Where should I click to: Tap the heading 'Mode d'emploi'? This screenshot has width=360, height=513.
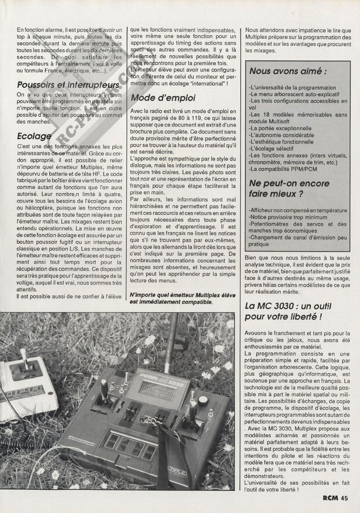tap(163, 98)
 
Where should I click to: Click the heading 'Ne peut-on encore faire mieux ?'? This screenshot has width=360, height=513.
tap(285, 189)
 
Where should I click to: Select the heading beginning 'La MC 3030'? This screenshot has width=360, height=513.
tap(288, 311)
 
